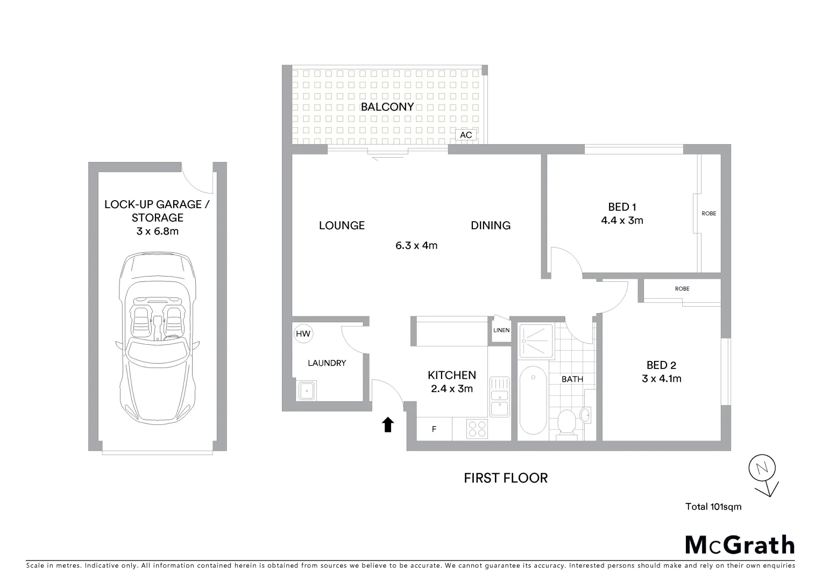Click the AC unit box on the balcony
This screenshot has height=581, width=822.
(466, 135)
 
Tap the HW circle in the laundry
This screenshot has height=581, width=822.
(303, 334)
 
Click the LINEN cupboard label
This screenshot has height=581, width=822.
(501, 330)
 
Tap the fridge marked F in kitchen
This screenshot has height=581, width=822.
(434, 429)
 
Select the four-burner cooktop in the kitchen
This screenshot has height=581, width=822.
(477, 429)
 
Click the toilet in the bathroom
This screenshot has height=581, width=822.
(567, 423)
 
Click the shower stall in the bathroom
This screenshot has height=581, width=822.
(536, 340)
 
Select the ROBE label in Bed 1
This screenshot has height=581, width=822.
(708, 214)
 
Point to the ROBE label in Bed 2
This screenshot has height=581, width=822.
(682, 289)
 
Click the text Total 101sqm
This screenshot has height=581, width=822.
(713, 506)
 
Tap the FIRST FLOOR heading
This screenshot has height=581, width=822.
(506, 478)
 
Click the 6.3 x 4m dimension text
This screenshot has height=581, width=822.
(416, 246)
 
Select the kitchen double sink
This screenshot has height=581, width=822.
(499, 397)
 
